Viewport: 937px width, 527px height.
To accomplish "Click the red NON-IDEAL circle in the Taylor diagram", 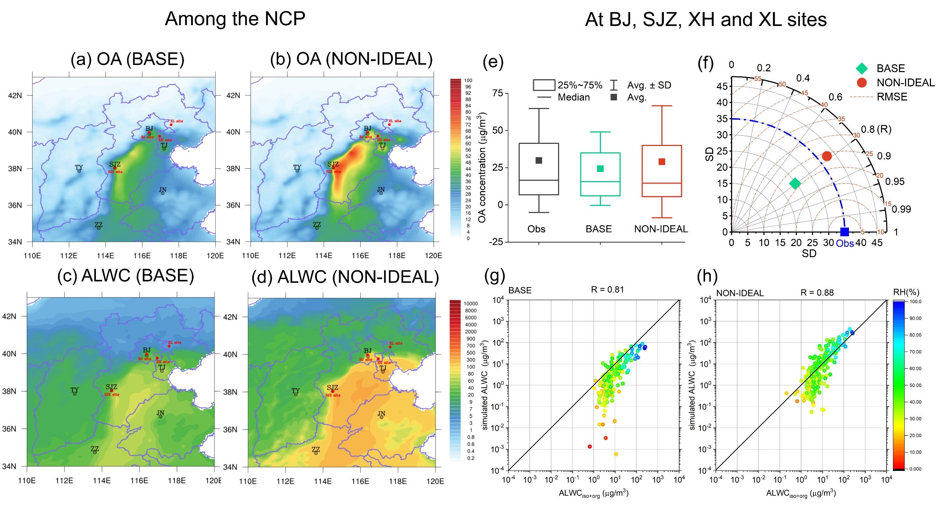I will coord(827,156).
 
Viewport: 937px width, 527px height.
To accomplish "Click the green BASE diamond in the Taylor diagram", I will coord(795,183).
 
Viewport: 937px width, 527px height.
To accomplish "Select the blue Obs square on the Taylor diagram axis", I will coord(844,232).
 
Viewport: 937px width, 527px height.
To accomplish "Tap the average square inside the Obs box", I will coord(539,161).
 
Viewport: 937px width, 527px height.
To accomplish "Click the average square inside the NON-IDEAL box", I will coord(662,162).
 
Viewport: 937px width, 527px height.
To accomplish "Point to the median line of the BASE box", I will coord(600,181).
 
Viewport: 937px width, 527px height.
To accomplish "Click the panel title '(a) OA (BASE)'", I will coord(127,59).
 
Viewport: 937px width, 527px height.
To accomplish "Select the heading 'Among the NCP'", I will coord(235,19).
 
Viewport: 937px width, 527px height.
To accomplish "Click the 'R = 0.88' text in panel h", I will coord(817,292).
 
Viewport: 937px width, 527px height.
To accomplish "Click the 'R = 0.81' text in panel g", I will coord(607,289).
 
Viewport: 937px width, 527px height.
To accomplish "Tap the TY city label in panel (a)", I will coord(79,168).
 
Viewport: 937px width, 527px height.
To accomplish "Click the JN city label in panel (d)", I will coord(381,414).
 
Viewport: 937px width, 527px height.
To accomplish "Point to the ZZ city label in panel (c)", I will coord(94,449).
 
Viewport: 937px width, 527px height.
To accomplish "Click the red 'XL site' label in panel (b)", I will coord(395,121).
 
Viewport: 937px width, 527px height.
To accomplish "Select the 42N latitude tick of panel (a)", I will coord(15,96).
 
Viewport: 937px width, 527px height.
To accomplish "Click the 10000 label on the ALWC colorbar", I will coord(470,303).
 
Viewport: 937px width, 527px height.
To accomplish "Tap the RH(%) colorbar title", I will coord(906,292).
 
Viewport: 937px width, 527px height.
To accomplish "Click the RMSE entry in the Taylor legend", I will coord(892,97).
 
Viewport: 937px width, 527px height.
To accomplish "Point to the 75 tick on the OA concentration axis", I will coord(497,93).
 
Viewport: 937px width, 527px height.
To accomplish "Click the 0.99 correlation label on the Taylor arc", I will coord(901,209).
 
